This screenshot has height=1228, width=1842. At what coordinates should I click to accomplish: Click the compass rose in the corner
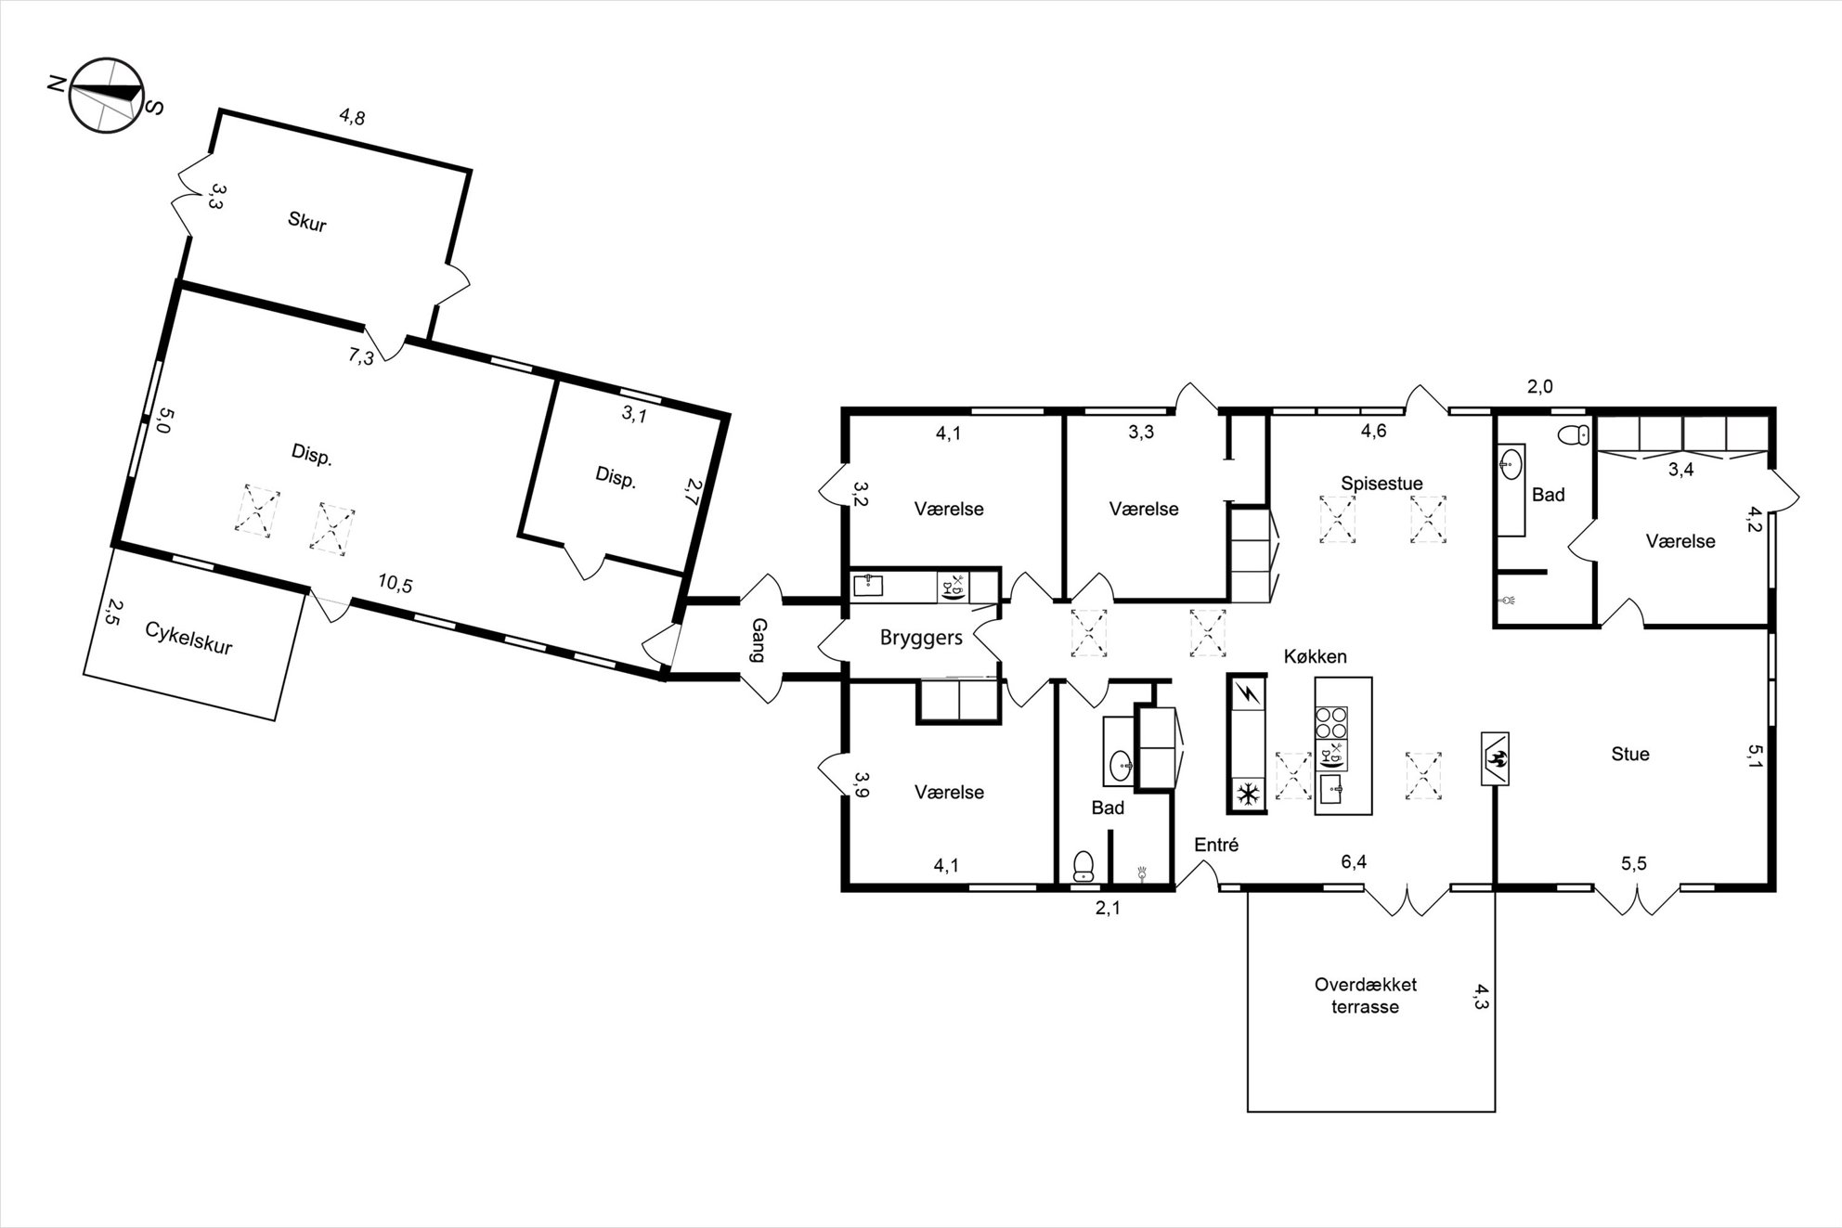pyautogui.click(x=105, y=95)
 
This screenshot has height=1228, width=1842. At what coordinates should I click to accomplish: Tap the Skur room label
pyautogui.click(x=307, y=222)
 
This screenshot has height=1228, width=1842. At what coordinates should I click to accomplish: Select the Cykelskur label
pyautogui.click(x=188, y=637)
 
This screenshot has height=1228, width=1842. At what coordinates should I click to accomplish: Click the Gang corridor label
pyautogui.click(x=758, y=640)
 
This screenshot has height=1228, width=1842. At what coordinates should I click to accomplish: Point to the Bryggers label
pyautogui.click(x=921, y=638)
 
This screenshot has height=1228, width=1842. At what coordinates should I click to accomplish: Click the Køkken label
pyautogui.click(x=1315, y=656)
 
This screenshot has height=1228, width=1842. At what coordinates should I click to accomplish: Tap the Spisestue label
pyautogui.click(x=1381, y=483)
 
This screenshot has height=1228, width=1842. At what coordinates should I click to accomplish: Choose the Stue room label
pyautogui.click(x=1630, y=754)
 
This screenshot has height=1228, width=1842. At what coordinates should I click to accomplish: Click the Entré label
pyautogui.click(x=1216, y=845)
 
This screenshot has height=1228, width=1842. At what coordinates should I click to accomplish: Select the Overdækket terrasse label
pyautogui.click(x=1365, y=995)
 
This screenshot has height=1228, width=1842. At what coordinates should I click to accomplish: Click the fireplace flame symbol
pyautogui.click(x=1494, y=757)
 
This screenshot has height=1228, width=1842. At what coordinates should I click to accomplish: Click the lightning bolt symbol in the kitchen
pyautogui.click(x=1247, y=692)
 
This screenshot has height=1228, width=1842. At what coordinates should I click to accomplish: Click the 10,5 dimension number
pyautogui.click(x=395, y=584)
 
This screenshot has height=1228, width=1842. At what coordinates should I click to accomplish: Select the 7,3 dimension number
pyautogui.click(x=361, y=355)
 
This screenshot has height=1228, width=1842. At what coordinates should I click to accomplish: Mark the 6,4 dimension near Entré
pyautogui.click(x=1354, y=862)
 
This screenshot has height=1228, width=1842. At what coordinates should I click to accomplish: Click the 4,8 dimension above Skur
pyautogui.click(x=352, y=117)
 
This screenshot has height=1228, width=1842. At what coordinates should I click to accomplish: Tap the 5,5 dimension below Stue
pyautogui.click(x=1634, y=863)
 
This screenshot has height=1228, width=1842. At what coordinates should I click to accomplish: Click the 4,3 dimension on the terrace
pyautogui.click(x=1480, y=996)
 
